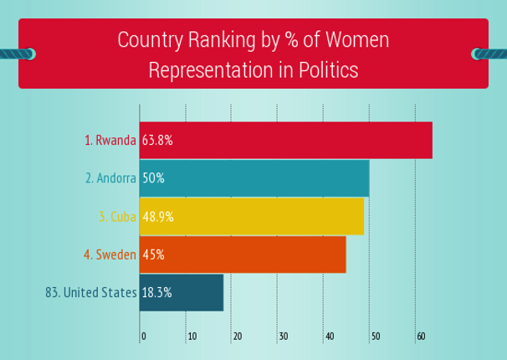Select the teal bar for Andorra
pos(268,178)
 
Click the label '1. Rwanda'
pos(110,141)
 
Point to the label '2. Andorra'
pos(110,178)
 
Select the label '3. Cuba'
pos(117,217)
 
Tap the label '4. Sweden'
pos(110,255)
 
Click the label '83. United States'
pos(90,293)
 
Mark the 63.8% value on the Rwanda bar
pos(157,141)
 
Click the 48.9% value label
pos(157,217)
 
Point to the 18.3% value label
pos(157,293)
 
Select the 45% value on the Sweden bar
pos(153,255)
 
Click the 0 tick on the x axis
pos(144,337)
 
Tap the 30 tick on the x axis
pos(283,337)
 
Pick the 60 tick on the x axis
pos(421,337)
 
